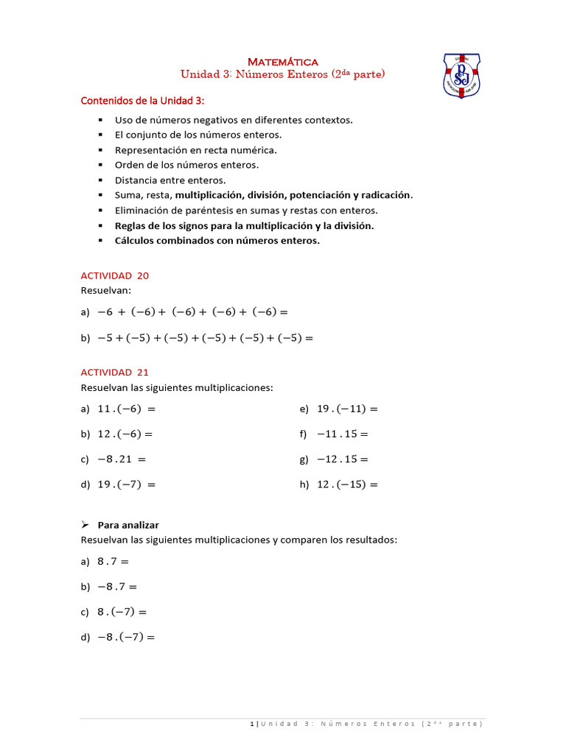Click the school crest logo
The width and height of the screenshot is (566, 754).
[x=461, y=77]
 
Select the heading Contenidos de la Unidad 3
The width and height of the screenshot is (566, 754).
[x=142, y=100]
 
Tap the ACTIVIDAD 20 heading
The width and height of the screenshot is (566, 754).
[x=114, y=275]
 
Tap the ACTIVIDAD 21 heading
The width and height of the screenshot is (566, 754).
[x=114, y=373]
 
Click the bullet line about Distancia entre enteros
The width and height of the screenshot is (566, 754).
[x=170, y=180]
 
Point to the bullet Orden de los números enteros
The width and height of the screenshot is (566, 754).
[x=186, y=165]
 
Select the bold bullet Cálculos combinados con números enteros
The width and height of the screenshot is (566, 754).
[x=217, y=240]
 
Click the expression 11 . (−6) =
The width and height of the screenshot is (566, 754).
[x=127, y=409]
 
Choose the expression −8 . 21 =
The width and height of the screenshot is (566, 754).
[x=122, y=459]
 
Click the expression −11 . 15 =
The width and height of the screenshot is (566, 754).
[x=343, y=434]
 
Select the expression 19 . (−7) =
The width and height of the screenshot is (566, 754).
[x=127, y=485]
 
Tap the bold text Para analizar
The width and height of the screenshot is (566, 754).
[x=128, y=525]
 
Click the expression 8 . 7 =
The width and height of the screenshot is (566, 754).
[x=113, y=561]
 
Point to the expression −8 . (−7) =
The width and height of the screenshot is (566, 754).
[x=126, y=638]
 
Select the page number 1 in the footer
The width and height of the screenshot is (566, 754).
[x=253, y=725]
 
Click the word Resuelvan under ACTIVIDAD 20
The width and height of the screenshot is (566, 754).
[x=104, y=290]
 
